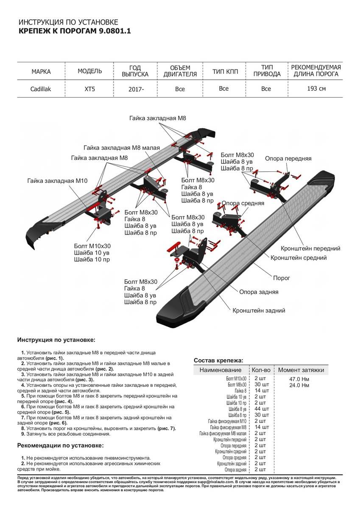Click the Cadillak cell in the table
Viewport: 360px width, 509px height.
pyautogui.click(x=41, y=89)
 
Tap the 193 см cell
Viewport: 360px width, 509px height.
pyautogui.click(x=316, y=89)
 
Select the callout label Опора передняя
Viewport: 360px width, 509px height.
pyautogui.click(x=288, y=159)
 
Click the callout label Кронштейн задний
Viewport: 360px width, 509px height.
pyautogui.click(x=259, y=310)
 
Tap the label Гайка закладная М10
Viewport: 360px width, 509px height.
pyautogui.click(x=57, y=181)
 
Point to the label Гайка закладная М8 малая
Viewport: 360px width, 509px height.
pyautogui.click(x=122, y=148)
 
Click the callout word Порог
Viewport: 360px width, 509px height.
pyautogui.click(x=282, y=278)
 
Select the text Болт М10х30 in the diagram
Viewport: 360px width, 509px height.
pyautogui.click(x=92, y=246)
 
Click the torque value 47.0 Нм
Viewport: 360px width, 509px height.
pyautogui.click(x=299, y=379)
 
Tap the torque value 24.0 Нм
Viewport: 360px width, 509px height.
pyautogui.click(x=299, y=385)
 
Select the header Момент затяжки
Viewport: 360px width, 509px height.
pyautogui.click(x=301, y=370)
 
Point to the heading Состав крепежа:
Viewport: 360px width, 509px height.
pyautogui.click(x=218, y=360)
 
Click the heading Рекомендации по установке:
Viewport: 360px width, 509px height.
pyautogui.click(x=60, y=445)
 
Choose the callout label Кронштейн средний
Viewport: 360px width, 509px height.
pyautogui.click(x=299, y=257)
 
